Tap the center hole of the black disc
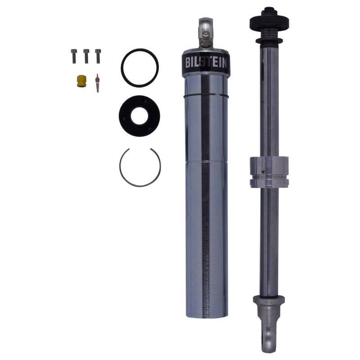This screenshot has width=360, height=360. pos(140,112)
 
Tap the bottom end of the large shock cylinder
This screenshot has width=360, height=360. pos(206,313)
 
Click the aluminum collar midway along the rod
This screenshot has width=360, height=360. pos(269,172)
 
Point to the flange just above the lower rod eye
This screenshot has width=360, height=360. pos(268,299)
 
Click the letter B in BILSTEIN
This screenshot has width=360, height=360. pos(188,62)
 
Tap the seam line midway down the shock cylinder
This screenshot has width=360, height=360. pos(206,162)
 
